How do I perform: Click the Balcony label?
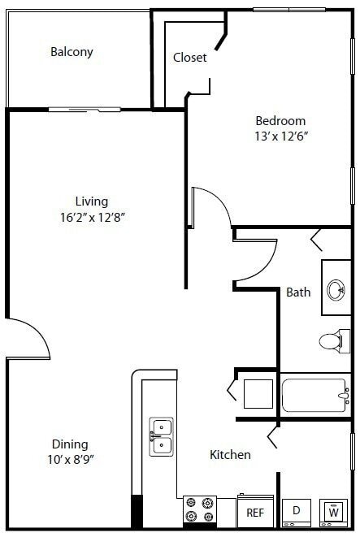[x=72, y=52]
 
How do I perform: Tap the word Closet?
[x=189, y=58]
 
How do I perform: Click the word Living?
[x=91, y=201]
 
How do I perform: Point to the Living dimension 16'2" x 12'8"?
[x=91, y=217]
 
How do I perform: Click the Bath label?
[x=298, y=292]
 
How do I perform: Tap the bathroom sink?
[x=336, y=289]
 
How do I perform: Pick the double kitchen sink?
[x=161, y=435]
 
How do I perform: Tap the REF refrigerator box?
[x=254, y=513]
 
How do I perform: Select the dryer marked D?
[x=296, y=512]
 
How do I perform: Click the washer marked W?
[x=333, y=512]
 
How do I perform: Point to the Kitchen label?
[x=230, y=455]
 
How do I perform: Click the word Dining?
[x=70, y=444]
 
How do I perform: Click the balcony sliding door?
[x=85, y=109]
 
